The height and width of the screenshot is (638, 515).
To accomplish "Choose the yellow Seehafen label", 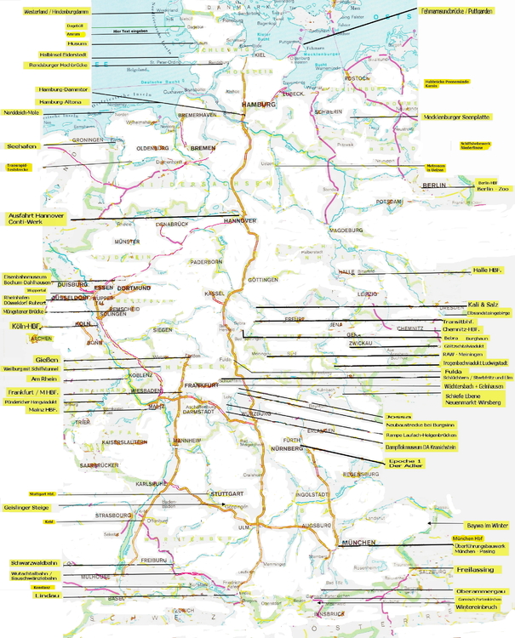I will coord(25,146).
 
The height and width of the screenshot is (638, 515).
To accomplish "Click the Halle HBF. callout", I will coord(488,270).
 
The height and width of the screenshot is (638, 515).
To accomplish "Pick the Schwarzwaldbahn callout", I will coord(34,563).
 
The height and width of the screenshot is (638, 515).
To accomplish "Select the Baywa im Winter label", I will coord(487,525).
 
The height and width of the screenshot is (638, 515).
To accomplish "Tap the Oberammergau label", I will coord(482,590).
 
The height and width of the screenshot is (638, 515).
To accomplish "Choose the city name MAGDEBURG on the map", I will coord(346,230).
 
